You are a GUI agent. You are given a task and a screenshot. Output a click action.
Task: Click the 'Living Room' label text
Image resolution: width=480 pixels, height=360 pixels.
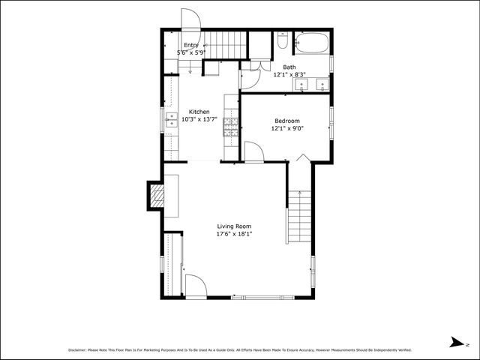(234, 226)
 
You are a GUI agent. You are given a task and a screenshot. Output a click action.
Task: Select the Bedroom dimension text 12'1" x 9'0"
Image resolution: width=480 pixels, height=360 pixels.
(286, 128)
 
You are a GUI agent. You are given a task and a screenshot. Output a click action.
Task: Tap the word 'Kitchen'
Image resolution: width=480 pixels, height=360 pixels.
(199, 112)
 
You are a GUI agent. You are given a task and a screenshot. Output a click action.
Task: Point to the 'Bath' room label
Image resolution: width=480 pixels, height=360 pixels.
(289, 67)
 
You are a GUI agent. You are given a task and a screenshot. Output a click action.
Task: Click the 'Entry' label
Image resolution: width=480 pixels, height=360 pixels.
(191, 45)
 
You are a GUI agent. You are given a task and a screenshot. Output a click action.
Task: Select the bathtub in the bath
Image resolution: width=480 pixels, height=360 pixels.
(310, 43)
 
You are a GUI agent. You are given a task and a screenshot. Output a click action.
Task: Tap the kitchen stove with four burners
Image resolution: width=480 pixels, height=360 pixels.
(231, 126)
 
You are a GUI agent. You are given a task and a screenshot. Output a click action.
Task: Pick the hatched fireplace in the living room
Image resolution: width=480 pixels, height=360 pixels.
(157, 197)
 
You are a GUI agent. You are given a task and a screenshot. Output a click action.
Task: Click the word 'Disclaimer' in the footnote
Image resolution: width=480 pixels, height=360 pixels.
(77, 349)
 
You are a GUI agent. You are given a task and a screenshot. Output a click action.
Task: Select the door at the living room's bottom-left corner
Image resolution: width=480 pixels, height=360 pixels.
(195, 286)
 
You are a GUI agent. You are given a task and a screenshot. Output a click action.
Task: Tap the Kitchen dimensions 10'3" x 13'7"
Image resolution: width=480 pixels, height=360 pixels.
(199, 119)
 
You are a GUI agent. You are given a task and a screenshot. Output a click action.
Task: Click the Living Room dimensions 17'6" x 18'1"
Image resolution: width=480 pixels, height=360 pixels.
(234, 234)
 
